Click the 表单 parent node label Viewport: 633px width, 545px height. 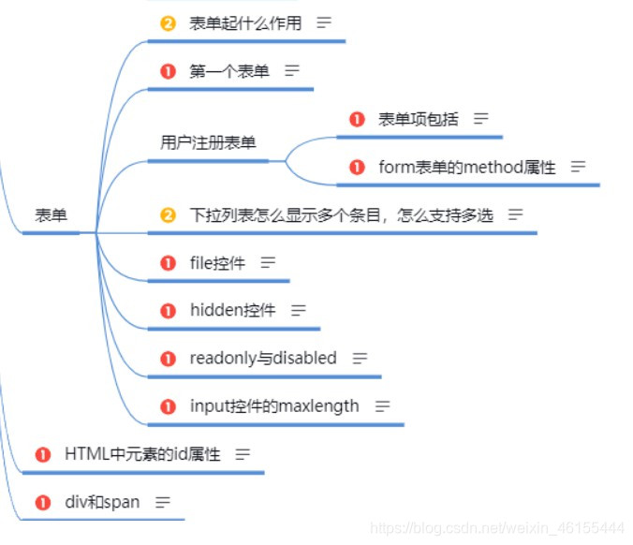click(52, 215)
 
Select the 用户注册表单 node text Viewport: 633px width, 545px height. click(208, 143)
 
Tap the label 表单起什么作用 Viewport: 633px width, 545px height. click(245, 23)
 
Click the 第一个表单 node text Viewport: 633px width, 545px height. click(229, 71)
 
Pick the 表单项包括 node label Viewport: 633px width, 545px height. click(419, 119)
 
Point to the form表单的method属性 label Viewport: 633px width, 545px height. click(466, 168)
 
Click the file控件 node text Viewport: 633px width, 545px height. click(217, 263)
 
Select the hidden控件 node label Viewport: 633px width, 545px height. click(232, 310)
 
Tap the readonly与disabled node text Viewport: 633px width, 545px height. click(262, 358)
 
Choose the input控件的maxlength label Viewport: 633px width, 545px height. click(273, 406)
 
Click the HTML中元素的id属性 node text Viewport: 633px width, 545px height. click(142, 454)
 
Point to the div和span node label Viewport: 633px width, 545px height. click(102, 502)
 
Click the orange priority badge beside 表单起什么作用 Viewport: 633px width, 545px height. click(169, 23)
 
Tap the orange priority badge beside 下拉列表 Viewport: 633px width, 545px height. click(169, 215)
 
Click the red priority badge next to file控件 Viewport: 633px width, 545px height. click(169, 263)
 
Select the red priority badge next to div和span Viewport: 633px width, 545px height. click(43, 503)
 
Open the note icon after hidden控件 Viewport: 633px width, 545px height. click(299, 310)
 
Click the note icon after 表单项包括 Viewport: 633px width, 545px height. click(481, 119)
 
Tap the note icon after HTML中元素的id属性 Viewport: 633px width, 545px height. click(243, 454)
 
